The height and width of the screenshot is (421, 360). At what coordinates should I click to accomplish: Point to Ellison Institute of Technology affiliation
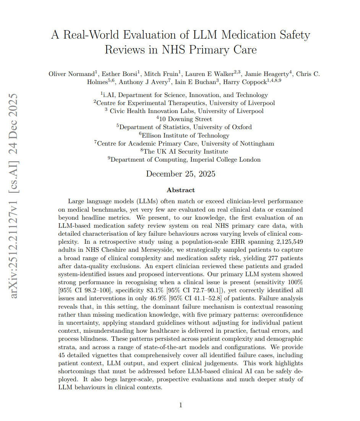pyautogui.click(x=184, y=135)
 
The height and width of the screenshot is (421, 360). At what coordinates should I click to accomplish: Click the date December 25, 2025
pyautogui.click(x=180, y=174)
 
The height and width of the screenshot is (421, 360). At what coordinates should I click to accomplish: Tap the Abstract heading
pyautogui.click(x=180, y=190)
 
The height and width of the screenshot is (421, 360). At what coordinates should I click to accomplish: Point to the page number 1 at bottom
pyautogui.click(x=181, y=405)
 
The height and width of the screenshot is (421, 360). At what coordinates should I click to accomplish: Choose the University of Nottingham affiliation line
pyautogui.click(x=184, y=144)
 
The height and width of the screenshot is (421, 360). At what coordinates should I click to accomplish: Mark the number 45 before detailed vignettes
pyautogui.click(x=62, y=355)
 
